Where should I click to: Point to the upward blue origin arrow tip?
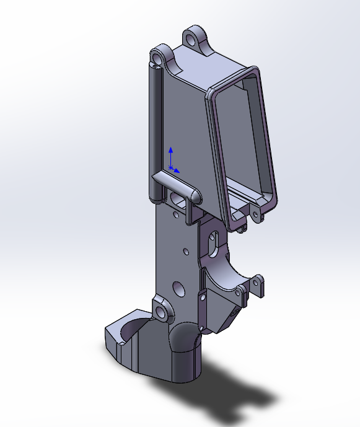click(171, 149)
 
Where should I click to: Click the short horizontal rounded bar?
click(177, 187)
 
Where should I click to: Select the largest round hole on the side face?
click(178, 289)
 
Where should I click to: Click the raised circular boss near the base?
click(162, 312)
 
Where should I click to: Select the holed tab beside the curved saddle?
click(254, 285)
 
